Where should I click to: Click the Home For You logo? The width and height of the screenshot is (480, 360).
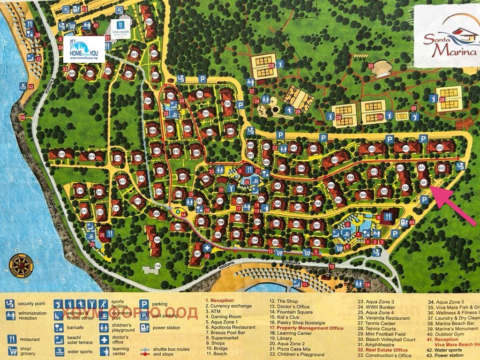pyautogui.click(x=84, y=50)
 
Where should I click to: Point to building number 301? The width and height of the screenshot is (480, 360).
pyautogui.click(x=424, y=182)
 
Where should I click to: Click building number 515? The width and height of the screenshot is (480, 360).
pyautogui.click(x=62, y=154)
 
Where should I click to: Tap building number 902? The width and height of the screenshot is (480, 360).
pyautogui.click(x=149, y=22)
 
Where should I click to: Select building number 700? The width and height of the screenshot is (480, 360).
pyautogui.click(x=228, y=103)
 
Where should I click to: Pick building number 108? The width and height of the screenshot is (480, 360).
pyautogui.click(x=157, y=266)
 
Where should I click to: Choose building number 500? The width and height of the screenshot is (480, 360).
pyautogui.click(x=439, y=148)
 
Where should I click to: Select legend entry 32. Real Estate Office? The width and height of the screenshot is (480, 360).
pyautogui.click(x=382, y=350)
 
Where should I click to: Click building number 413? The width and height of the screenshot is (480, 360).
pyautogui.click(x=123, y=181)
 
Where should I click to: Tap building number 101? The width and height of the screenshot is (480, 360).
pyautogui.click(x=317, y=243)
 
